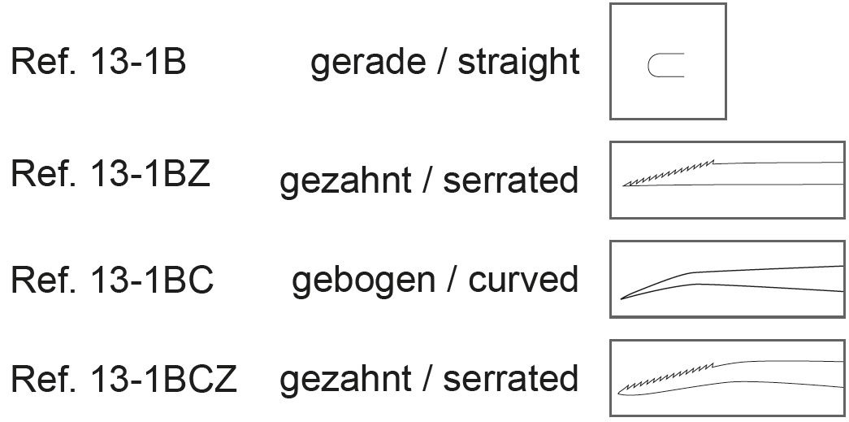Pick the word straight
(x=518, y=63)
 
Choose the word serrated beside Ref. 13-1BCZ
(x=510, y=379)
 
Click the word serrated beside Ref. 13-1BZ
(x=510, y=181)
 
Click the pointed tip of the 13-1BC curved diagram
(x=622, y=298)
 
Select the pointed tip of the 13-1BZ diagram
(x=625, y=185)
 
